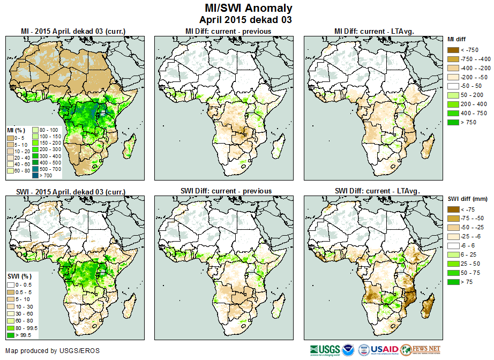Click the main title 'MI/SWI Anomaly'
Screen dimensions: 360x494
(249, 8)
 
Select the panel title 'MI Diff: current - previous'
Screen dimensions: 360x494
(228, 32)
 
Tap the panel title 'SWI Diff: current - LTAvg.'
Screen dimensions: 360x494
(377, 191)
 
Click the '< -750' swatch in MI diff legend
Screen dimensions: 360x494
(453, 50)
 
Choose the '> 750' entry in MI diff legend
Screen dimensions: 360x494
(453, 122)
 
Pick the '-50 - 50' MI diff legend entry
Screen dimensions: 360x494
(453, 86)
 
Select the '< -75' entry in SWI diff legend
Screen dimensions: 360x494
(453, 209)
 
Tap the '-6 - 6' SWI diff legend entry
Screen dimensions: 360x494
(453, 245)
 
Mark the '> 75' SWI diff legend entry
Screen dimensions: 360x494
(453, 281)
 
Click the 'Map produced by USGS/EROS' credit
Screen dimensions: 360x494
(52, 351)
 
